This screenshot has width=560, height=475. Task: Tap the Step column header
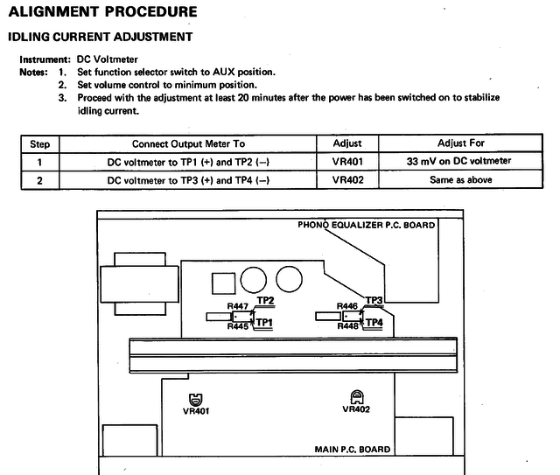tap(40, 143)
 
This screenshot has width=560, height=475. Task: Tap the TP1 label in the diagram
tap(265, 322)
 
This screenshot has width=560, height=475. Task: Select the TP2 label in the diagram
tap(266, 301)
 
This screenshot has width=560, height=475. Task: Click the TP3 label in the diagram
tap(374, 301)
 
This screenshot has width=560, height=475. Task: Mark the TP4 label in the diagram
tap(374, 322)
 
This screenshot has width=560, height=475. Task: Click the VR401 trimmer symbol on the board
tap(195, 398)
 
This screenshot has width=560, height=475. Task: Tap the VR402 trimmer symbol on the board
tap(356, 397)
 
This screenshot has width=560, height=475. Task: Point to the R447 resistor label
tap(238, 306)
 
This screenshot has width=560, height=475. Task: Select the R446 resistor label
tap(347, 306)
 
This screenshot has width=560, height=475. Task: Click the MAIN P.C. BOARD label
tap(352, 450)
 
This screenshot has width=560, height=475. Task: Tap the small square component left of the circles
tap(223, 282)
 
